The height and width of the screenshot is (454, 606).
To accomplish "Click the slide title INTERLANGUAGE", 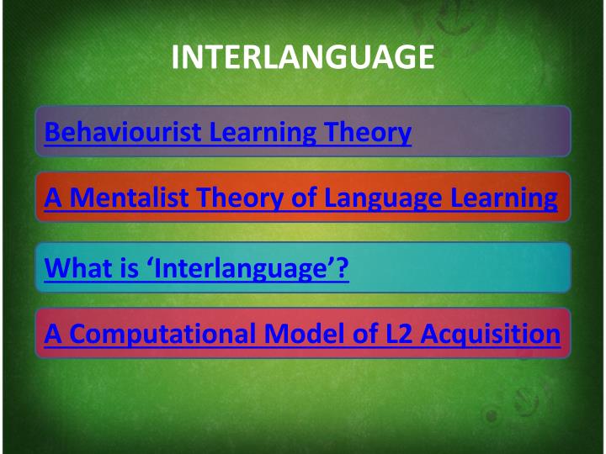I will [303, 57].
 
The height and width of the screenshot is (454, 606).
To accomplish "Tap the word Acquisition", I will [490, 334].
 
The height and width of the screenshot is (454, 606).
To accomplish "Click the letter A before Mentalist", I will [54, 198].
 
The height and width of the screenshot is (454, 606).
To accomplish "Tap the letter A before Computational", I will [54, 334].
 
